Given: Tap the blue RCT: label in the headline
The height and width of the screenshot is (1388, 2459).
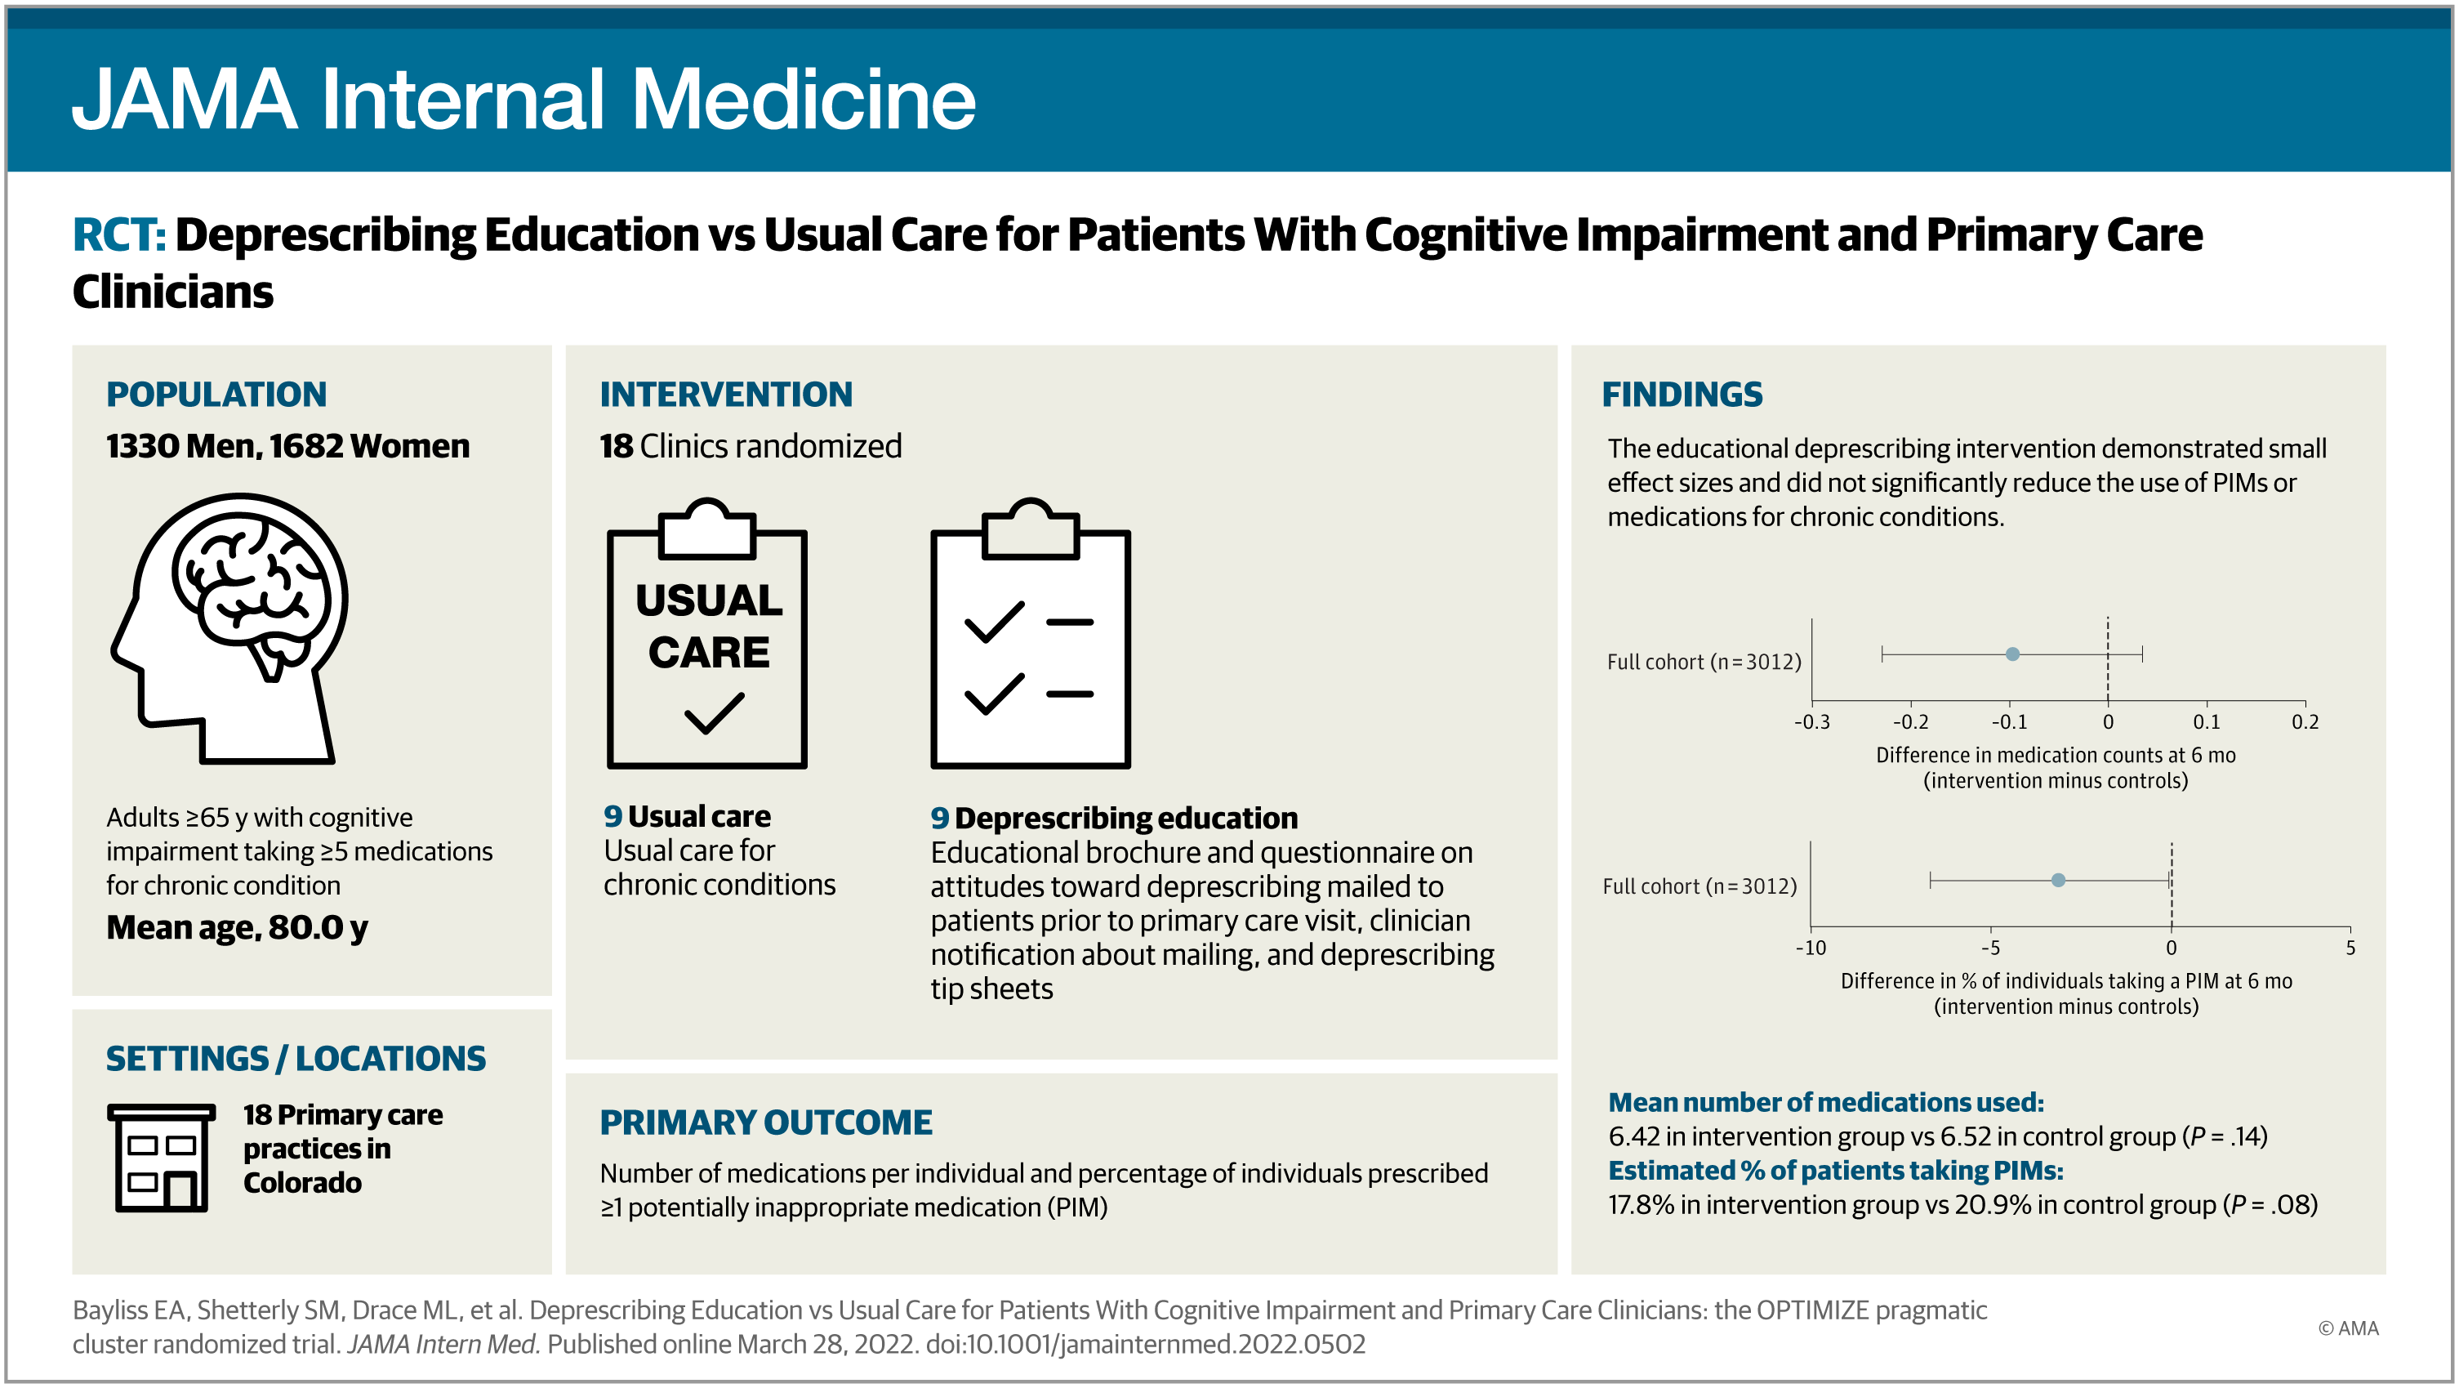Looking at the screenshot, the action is click(x=119, y=234).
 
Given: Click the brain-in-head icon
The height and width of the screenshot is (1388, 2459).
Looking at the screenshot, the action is click(x=230, y=628).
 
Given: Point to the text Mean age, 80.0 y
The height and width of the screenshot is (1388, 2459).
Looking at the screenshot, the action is click(x=237, y=927).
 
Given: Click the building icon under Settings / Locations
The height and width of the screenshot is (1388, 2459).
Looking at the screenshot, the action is click(x=162, y=1157).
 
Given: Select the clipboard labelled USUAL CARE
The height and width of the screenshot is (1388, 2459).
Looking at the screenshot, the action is click(x=707, y=633).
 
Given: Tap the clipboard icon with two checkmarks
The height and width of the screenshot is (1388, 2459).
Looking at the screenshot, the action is click(x=1031, y=633).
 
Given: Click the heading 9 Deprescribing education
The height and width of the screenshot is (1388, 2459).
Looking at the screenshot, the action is click(x=1114, y=818).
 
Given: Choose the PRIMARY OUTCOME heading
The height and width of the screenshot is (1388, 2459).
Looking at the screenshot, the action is click(x=765, y=1122).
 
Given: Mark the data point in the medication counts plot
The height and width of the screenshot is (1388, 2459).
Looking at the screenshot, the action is click(x=2012, y=654).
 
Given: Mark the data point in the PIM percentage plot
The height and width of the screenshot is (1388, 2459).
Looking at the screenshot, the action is click(x=2058, y=880).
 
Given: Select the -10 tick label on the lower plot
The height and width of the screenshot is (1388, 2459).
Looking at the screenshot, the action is click(x=1810, y=948).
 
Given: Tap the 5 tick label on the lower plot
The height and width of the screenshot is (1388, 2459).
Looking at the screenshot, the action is click(x=2350, y=948).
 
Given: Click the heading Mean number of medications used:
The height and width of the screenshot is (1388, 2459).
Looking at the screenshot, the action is click(x=1826, y=1103).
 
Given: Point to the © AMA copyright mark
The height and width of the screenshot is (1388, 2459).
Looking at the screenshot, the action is click(x=2348, y=1328).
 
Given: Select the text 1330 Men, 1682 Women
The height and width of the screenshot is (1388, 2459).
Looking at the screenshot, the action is click(x=287, y=446).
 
